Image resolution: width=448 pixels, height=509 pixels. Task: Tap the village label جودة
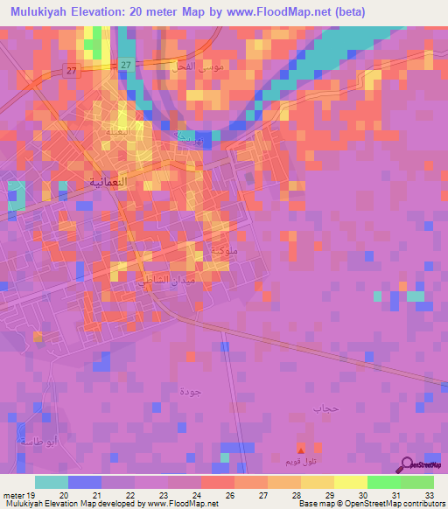click(x=190, y=389)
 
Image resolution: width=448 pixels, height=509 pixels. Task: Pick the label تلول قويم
click(x=301, y=460)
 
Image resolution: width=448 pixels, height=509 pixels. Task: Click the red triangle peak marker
click(x=301, y=447)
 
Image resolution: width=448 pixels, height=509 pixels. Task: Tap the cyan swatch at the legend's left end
click(x=52, y=482)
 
